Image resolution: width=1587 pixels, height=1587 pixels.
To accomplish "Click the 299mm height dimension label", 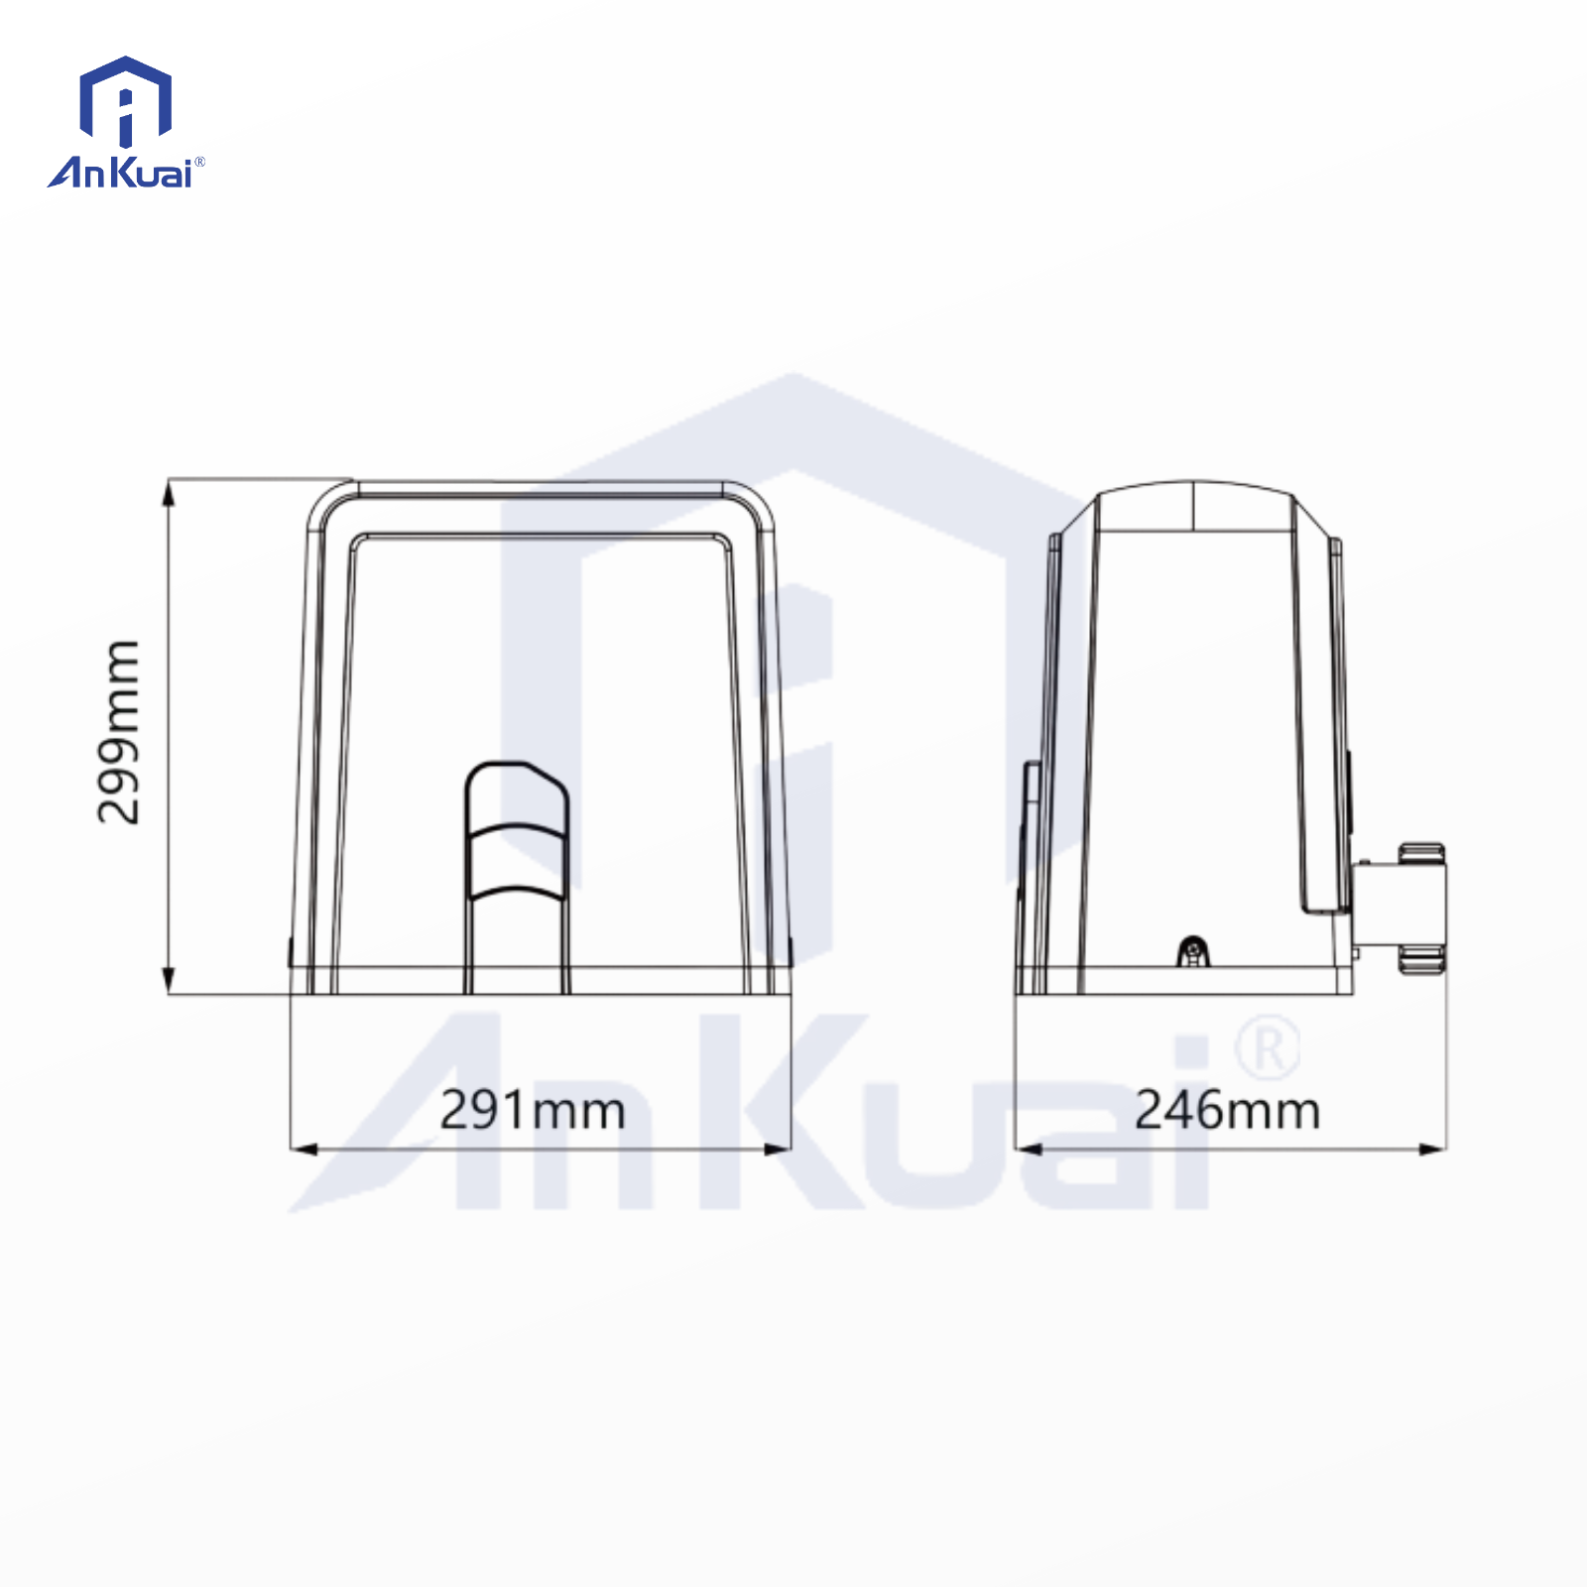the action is pyautogui.click(x=118, y=732).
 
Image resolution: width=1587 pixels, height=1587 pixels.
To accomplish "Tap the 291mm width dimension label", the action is pyautogui.click(x=533, y=1110).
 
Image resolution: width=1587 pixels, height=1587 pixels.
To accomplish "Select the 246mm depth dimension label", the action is pyautogui.click(x=1228, y=1110).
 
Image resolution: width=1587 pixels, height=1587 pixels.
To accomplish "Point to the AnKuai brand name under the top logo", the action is pyautogui.click(x=120, y=173).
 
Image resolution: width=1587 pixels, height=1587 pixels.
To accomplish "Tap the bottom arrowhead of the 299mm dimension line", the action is pyautogui.click(x=169, y=981).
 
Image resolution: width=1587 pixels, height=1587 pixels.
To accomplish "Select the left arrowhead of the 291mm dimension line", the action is pyautogui.click(x=304, y=1149).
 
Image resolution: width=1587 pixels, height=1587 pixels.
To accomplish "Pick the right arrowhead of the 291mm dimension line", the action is pyautogui.click(x=778, y=1149).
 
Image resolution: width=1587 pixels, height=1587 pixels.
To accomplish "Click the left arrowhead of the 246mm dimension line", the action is pyautogui.click(x=1029, y=1149).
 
